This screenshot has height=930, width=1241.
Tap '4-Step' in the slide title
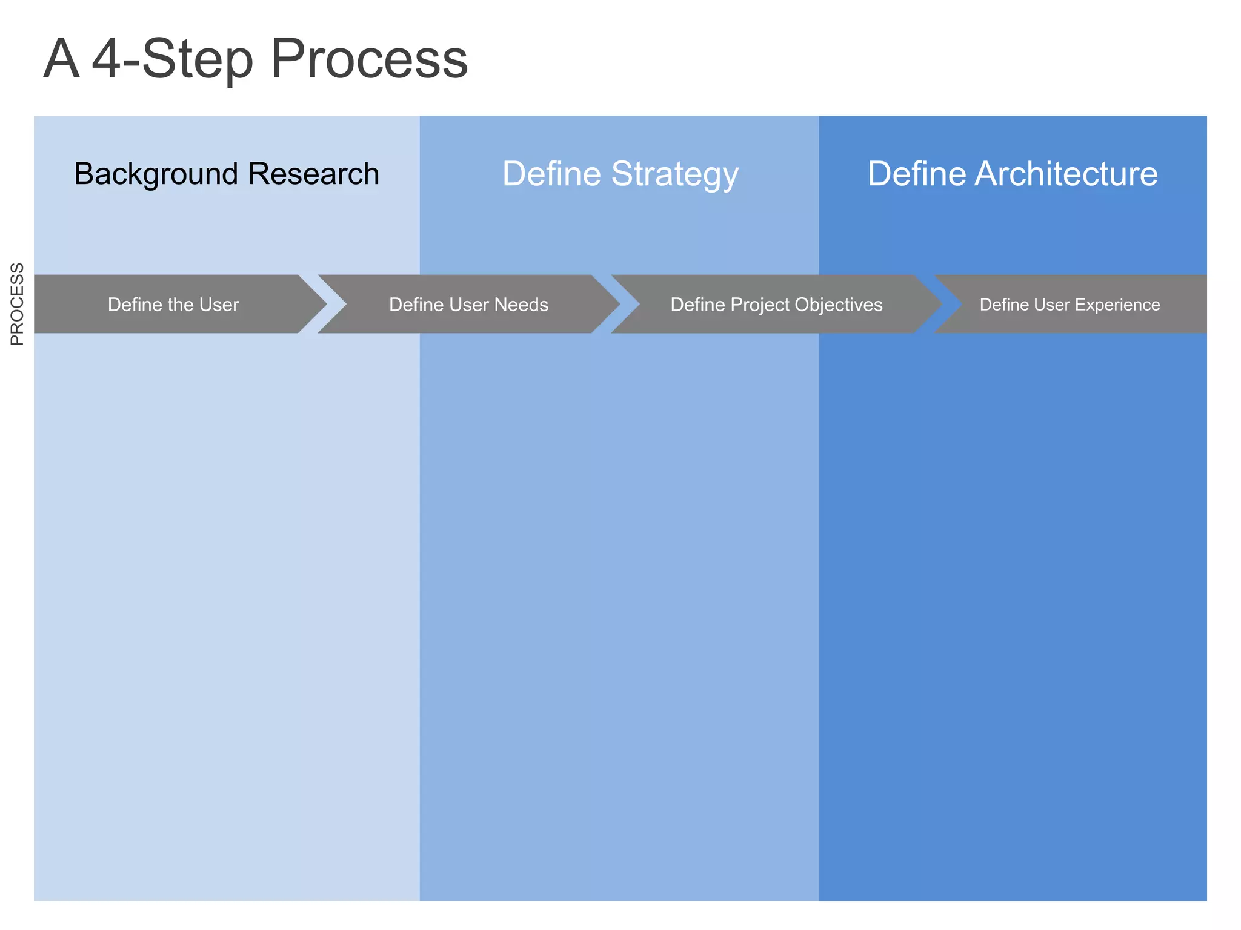point(172,59)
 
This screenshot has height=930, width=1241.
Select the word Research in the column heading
point(313,174)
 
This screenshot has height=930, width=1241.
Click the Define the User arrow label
point(173,305)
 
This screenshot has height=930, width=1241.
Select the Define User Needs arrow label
point(468,305)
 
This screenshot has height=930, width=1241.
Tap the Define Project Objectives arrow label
point(776,305)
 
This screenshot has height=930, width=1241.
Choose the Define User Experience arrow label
point(1070,305)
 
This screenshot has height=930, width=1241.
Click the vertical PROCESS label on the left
point(18,304)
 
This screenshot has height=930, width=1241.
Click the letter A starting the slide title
point(61,59)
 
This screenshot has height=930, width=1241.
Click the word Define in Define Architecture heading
point(916,174)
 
